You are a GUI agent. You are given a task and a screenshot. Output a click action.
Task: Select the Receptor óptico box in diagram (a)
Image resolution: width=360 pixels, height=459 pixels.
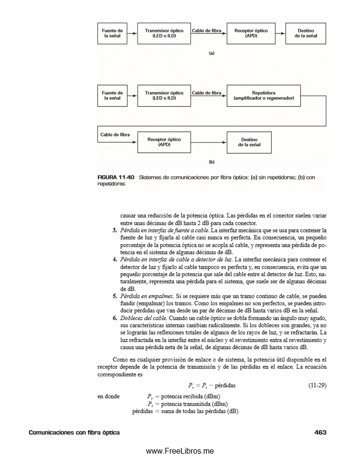point(251,33)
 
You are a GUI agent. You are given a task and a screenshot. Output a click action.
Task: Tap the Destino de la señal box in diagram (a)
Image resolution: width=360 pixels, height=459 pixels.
point(306,33)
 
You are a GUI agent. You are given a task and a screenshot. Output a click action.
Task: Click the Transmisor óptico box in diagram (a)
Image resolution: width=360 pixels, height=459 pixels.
point(164,33)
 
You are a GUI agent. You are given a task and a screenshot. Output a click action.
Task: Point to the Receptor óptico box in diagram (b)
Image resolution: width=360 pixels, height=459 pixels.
point(164,142)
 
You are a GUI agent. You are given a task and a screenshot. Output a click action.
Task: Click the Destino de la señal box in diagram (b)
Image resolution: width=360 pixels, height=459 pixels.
point(249,142)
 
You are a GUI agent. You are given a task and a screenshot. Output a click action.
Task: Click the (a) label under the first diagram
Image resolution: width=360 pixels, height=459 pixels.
point(212,53)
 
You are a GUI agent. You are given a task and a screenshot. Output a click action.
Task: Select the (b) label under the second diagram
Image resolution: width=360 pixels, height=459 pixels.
point(212,162)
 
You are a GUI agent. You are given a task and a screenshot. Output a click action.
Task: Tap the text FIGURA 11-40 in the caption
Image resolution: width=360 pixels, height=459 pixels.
point(115,177)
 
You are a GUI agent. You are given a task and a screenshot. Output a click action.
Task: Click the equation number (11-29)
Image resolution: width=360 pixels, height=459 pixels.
point(317,385)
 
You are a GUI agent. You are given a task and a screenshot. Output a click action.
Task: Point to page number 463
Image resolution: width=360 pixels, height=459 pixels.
point(320,433)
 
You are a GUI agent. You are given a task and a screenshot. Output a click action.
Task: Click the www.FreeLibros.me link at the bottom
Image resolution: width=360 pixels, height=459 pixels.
point(180,451)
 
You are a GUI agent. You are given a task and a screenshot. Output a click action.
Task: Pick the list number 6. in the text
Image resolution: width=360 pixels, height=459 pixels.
point(115,317)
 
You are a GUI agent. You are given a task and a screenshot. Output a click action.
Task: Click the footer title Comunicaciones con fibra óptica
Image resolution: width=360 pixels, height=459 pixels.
point(74,433)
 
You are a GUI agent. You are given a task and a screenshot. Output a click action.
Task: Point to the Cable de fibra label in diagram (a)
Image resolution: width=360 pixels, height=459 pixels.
point(207,31)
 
